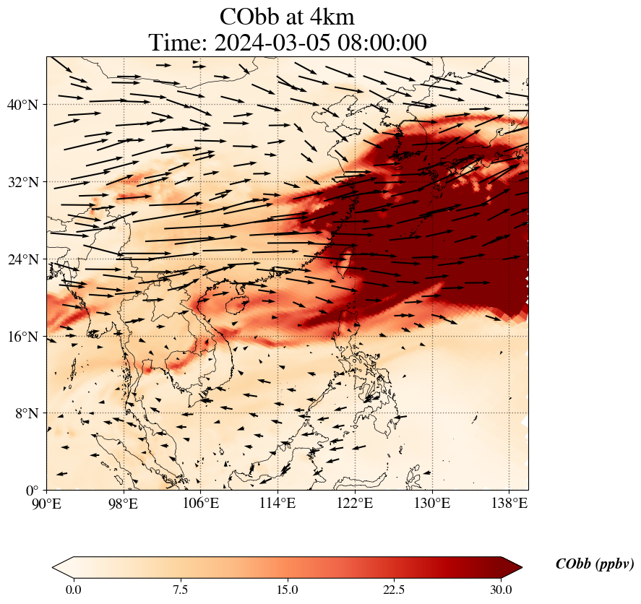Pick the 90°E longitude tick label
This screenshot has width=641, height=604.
[47, 503]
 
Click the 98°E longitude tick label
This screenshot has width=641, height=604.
[124, 503]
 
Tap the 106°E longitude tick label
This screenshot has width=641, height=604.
[201, 503]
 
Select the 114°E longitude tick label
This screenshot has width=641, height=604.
[278, 503]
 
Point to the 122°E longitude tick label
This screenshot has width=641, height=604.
[355, 503]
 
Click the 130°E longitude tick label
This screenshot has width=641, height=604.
[431, 503]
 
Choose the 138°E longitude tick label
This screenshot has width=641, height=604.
[509, 503]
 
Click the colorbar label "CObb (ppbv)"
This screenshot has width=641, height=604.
[595, 564]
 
